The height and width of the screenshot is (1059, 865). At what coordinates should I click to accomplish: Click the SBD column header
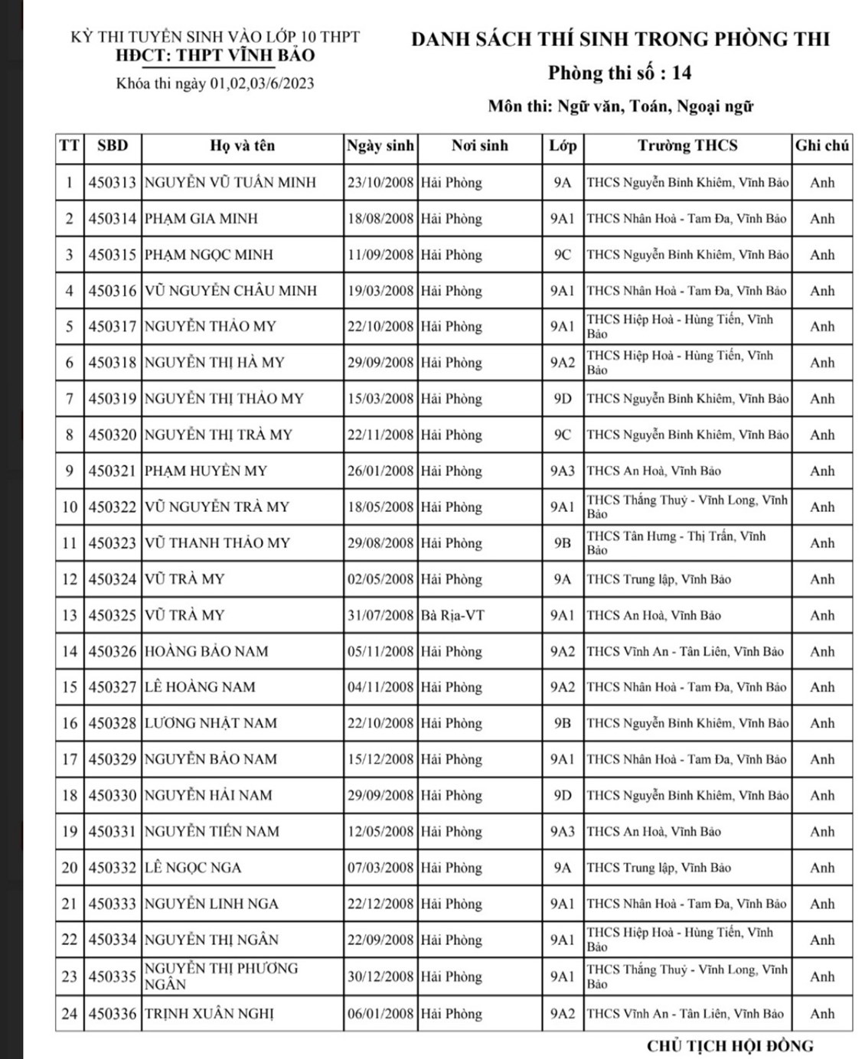coord(113,146)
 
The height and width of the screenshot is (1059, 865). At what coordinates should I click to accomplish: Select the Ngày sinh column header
coord(380,146)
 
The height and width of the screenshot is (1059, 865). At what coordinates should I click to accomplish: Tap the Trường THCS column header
coord(687,146)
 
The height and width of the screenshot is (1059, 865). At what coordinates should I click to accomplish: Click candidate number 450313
coord(113,183)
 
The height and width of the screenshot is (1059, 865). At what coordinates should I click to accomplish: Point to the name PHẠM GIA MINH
coord(201,219)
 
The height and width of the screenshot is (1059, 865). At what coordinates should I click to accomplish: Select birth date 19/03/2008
coord(380,291)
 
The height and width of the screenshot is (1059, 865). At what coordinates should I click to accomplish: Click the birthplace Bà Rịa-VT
coord(452,615)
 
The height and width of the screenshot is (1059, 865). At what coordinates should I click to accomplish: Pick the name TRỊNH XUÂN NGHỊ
coord(209,1014)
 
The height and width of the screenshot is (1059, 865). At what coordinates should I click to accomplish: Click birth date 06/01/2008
coord(380,1014)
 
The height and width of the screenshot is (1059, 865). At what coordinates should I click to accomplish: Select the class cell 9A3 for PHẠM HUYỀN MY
coord(562,471)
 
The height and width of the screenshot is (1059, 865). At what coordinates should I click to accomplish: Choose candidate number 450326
coord(113,652)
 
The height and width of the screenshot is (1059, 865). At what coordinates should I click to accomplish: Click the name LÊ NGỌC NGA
coord(193,868)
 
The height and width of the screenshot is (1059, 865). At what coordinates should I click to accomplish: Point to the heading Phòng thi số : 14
coord(619,73)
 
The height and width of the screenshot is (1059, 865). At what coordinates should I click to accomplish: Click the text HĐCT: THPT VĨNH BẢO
coord(215,55)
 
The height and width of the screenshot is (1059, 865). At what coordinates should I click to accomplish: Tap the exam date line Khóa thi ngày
coord(215,83)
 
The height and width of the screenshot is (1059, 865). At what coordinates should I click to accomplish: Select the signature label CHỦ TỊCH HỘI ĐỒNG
coord(730,1045)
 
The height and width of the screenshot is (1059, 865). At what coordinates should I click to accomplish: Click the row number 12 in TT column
coord(70,579)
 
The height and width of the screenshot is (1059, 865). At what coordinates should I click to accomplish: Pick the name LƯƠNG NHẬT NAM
coord(211,723)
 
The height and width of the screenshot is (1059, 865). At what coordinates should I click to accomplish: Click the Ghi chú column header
coord(822,146)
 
